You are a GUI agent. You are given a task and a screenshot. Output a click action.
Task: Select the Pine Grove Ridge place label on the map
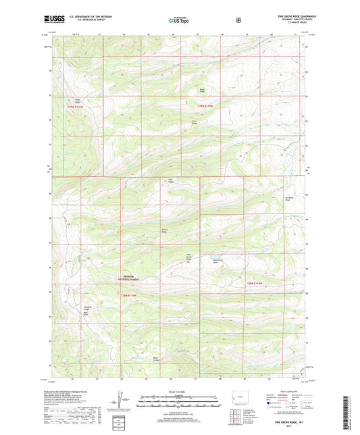[x=190, y=257]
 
